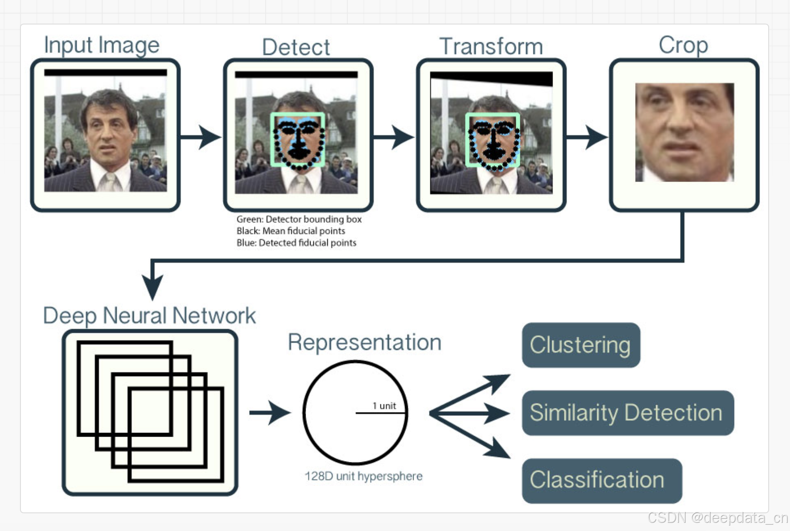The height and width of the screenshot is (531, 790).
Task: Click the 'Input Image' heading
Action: pyautogui.click(x=102, y=45)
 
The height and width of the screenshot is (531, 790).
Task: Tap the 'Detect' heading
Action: pyautogui.click(x=296, y=47)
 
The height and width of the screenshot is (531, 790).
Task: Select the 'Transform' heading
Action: pyautogui.click(x=491, y=46)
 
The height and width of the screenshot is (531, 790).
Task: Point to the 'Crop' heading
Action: pyautogui.click(x=683, y=45)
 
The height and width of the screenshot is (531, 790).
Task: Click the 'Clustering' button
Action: pyautogui.click(x=581, y=345)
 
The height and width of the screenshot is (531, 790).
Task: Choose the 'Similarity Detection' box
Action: pyautogui.click(x=627, y=413)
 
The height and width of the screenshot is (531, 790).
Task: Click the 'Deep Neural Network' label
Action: pyautogui.click(x=149, y=315)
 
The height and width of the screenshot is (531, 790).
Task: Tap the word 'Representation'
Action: pyautogui.click(x=365, y=342)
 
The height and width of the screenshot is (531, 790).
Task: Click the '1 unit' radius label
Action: pyautogui.click(x=384, y=406)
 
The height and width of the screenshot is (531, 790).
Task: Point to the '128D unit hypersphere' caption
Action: pyautogui.click(x=363, y=476)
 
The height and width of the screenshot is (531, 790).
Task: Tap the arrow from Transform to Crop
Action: pyautogui.click(x=587, y=137)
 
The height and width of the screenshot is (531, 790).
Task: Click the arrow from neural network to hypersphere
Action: pyautogui.click(x=270, y=413)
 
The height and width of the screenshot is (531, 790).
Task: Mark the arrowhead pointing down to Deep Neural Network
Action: pyautogui.click(x=153, y=286)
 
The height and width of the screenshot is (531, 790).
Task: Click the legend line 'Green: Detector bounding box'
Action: pyautogui.click(x=299, y=219)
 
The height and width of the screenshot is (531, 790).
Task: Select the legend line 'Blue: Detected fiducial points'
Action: pyautogui.click(x=296, y=243)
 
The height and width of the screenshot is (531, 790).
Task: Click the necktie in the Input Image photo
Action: pyautogui.click(x=109, y=182)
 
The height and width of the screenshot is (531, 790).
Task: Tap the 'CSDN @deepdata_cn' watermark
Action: pyautogui.click(x=717, y=518)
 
